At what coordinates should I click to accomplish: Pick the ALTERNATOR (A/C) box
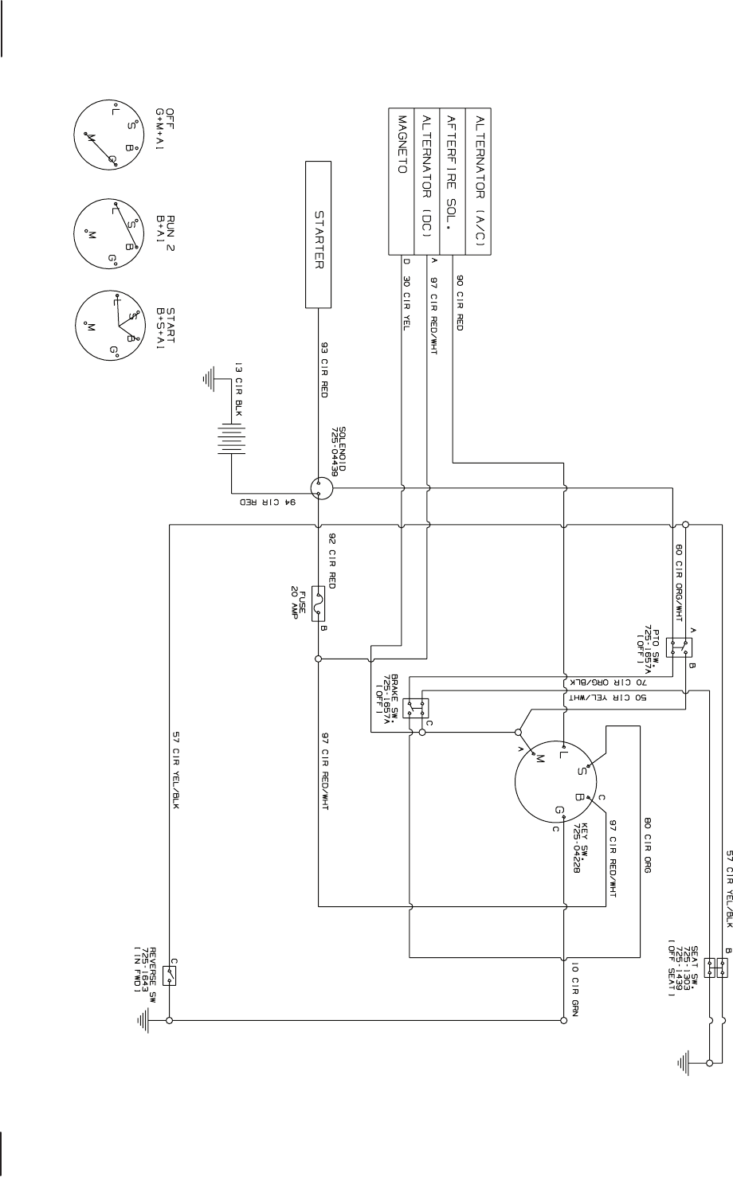(x=479, y=181)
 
